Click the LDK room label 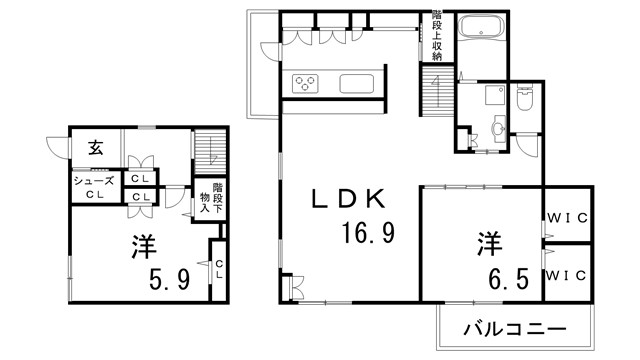coord(347,199)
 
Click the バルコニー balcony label coord(516,329)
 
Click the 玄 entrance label coord(95,149)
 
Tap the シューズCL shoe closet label coord(95,187)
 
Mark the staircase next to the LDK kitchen coord(436,89)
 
